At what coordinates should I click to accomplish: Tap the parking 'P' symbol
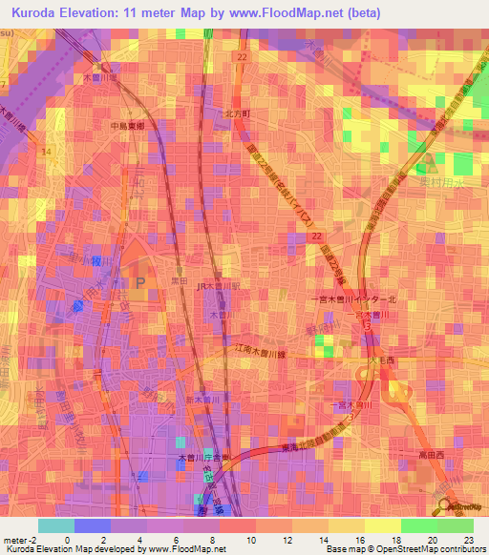pos(141,282)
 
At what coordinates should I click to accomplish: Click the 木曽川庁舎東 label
pos(200,459)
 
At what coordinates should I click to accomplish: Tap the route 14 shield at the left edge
pos(45,149)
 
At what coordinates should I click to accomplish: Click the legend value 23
pos(467,539)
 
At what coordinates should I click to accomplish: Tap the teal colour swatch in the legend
pos(55,525)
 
